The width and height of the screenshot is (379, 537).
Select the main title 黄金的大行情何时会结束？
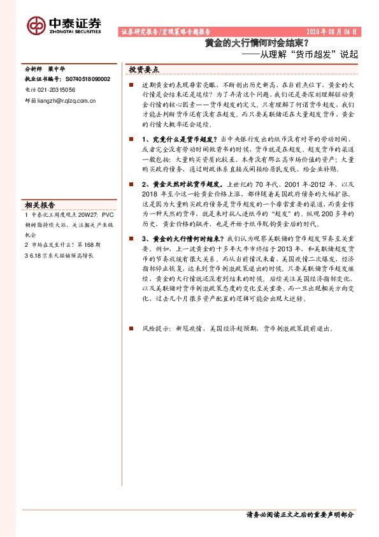(x=257, y=43)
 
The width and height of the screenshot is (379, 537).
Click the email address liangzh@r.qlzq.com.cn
(x=66, y=101)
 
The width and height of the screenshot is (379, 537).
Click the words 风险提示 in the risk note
(x=156, y=328)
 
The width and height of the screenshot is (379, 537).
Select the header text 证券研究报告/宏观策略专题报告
(x=165, y=31)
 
